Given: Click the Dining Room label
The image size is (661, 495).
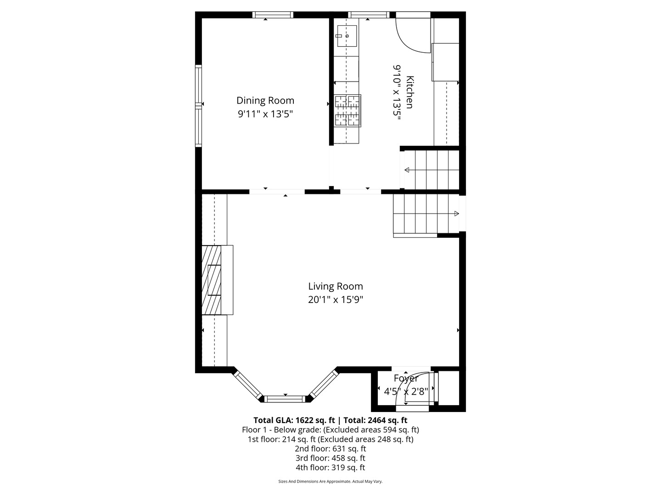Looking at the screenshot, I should pos(265,100).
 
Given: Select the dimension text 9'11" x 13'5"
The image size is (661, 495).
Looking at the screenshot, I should pos(265,114).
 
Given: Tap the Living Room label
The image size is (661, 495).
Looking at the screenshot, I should pos(336,286).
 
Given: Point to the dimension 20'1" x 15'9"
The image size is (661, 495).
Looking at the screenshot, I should pos(336,300).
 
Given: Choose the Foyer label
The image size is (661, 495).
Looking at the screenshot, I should pos(406,379).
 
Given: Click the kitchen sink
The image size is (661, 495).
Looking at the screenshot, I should pos(347,36).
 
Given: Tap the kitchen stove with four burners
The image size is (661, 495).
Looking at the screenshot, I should pos(347,110).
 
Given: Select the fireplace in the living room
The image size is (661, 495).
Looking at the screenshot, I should pos(217,280).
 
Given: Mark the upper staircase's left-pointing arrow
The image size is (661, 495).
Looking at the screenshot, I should pos(407,170).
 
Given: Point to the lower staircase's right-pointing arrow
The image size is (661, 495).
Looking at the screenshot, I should pos(456,214).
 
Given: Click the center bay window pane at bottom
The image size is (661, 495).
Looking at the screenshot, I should pos(286,398).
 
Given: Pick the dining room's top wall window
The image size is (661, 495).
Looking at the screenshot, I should pos(273,15).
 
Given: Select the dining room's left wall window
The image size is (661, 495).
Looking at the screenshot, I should pos(199,105).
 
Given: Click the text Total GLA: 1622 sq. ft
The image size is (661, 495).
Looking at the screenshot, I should pos(295,420).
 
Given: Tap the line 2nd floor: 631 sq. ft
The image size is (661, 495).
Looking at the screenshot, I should pos(330,449).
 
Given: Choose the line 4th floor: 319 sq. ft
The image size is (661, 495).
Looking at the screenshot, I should pos(330,467).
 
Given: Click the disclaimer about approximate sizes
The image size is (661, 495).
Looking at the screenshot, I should pos(330,482).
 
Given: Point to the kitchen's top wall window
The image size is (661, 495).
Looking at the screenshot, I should pos(369,15).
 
